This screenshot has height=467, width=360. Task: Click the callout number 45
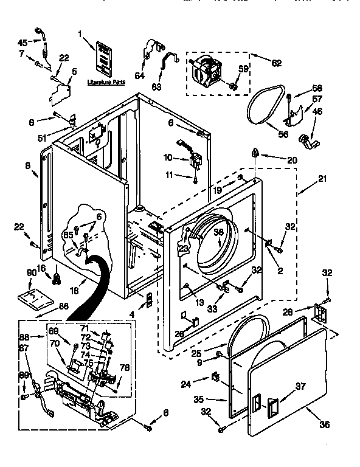coord(22,42)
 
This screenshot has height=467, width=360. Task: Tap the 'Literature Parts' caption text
coord(102,80)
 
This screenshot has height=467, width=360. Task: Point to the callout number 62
coord(276,62)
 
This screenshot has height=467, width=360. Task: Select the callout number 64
coord(140,76)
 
